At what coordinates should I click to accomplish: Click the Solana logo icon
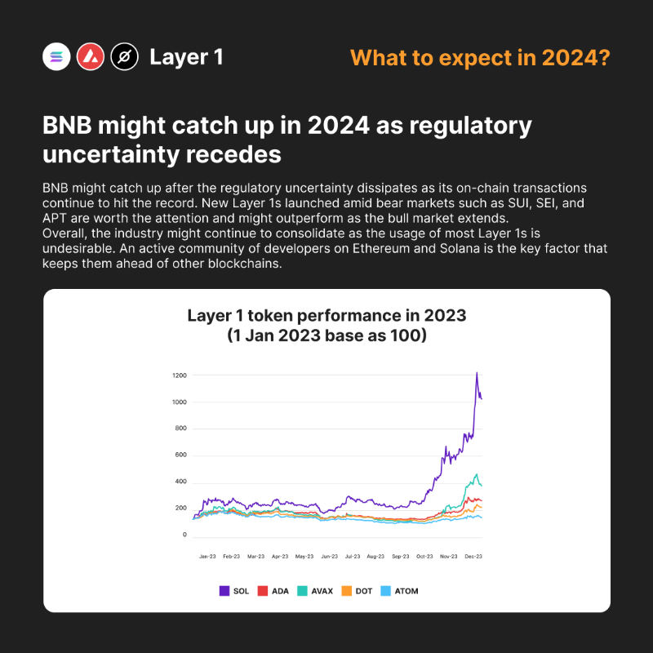(x=56, y=56)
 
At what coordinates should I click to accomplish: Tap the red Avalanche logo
(x=91, y=56)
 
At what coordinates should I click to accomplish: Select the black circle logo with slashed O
(x=125, y=56)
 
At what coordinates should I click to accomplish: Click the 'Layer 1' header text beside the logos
(x=186, y=57)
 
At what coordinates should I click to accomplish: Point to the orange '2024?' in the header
(x=576, y=57)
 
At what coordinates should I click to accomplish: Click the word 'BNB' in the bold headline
(x=68, y=126)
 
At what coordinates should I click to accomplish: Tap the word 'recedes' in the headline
(x=233, y=154)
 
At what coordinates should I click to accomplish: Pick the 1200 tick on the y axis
(x=180, y=375)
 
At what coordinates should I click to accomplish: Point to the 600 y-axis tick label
(x=180, y=455)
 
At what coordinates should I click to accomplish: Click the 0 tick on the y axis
(x=184, y=535)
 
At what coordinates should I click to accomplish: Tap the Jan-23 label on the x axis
(x=207, y=557)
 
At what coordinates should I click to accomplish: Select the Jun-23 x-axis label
(x=330, y=557)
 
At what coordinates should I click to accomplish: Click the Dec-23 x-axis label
(x=473, y=557)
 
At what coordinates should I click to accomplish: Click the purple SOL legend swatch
(x=224, y=591)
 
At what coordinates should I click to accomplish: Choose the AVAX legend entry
(x=315, y=591)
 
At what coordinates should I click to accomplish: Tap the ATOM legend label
(x=406, y=591)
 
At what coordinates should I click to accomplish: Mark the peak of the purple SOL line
(x=477, y=372)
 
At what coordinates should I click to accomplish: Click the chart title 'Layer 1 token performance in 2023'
(x=327, y=316)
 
